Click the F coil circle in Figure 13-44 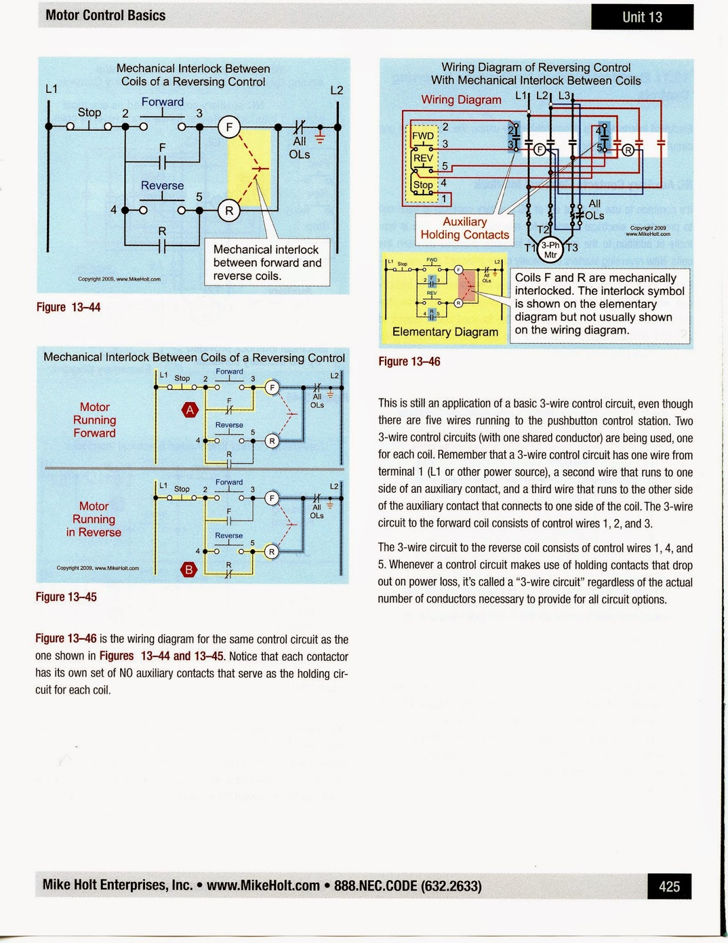click(x=229, y=127)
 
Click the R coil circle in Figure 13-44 click(x=229, y=210)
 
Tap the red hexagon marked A click(x=190, y=410)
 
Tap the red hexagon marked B click(x=189, y=569)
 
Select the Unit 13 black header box click(x=642, y=17)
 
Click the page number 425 click(x=669, y=886)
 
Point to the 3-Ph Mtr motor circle click(x=551, y=250)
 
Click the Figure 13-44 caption click(x=68, y=307)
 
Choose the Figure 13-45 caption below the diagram click(x=66, y=597)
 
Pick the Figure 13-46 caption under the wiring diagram click(x=409, y=361)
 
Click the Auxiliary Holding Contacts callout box click(x=465, y=228)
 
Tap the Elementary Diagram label click(x=445, y=332)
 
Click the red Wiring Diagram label click(x=461, y=100)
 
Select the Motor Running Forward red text click(x=94, y=420)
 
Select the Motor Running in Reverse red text click(x=94, y=519)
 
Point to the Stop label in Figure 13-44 click(x=90, y=112)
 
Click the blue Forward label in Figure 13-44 click(x=162, y=102)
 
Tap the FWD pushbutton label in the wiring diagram click(x=423, y=136)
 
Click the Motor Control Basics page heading click(x=106, y=15)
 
